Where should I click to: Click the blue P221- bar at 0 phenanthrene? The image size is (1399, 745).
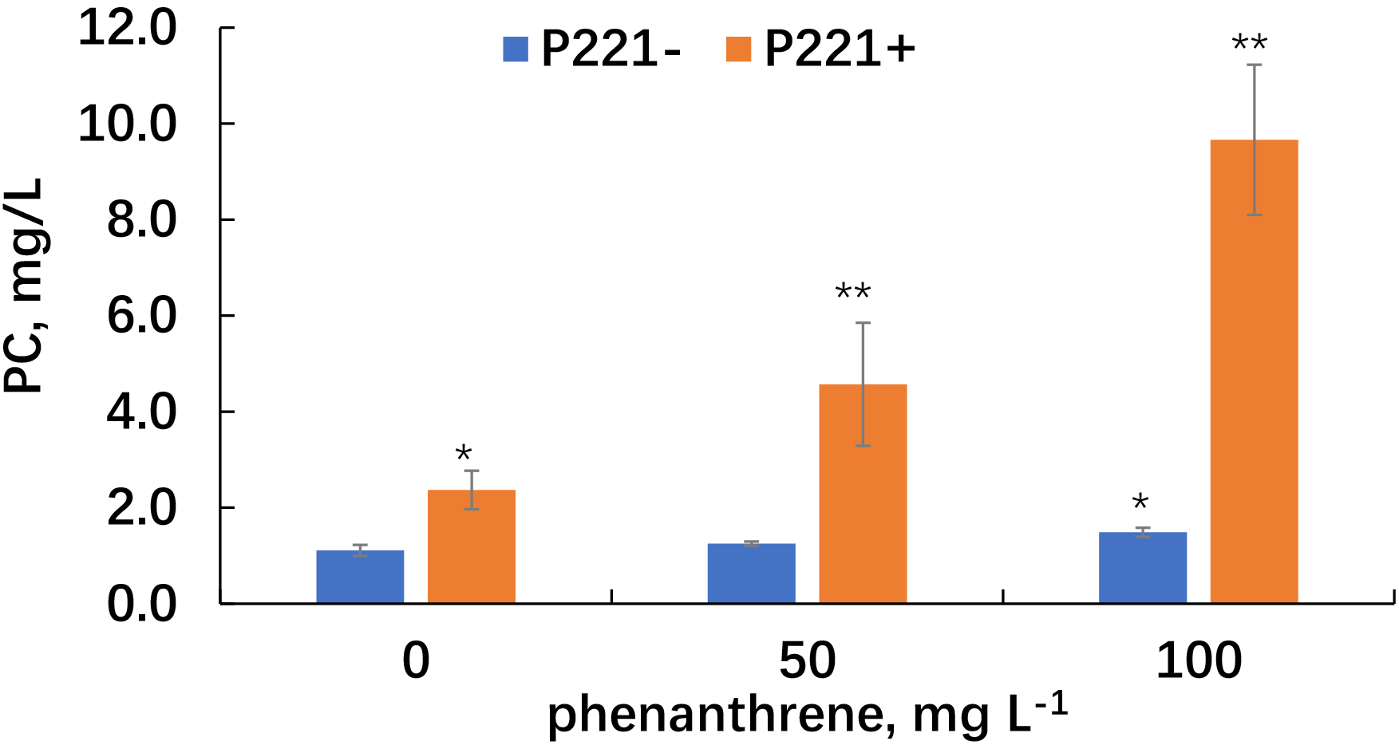[x=360, y=577]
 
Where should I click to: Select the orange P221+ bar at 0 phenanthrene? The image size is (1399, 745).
[x=472, y=546]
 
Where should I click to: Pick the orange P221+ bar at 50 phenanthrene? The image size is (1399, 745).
[x=863, y=494]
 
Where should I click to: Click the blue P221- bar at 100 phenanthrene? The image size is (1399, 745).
[x=1142, y=567]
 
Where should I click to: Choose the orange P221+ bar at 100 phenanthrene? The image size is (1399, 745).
[x=1254, y=371]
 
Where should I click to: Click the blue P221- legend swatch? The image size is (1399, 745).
[x=516, y=49]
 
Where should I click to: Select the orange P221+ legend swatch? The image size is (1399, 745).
[x=738, y=49]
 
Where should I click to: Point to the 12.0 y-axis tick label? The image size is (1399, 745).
[x=127, y=29]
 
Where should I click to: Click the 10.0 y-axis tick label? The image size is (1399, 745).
[x=127, y=124]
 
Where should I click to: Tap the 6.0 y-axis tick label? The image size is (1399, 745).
[x=141, y=316]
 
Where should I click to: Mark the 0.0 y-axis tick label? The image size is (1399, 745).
[x=141, y=604]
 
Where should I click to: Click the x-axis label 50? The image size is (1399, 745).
[x=807, y=660]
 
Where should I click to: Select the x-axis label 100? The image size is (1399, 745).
[x=1199, y=660]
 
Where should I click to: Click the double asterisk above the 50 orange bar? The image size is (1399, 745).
[x=852, y=293]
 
